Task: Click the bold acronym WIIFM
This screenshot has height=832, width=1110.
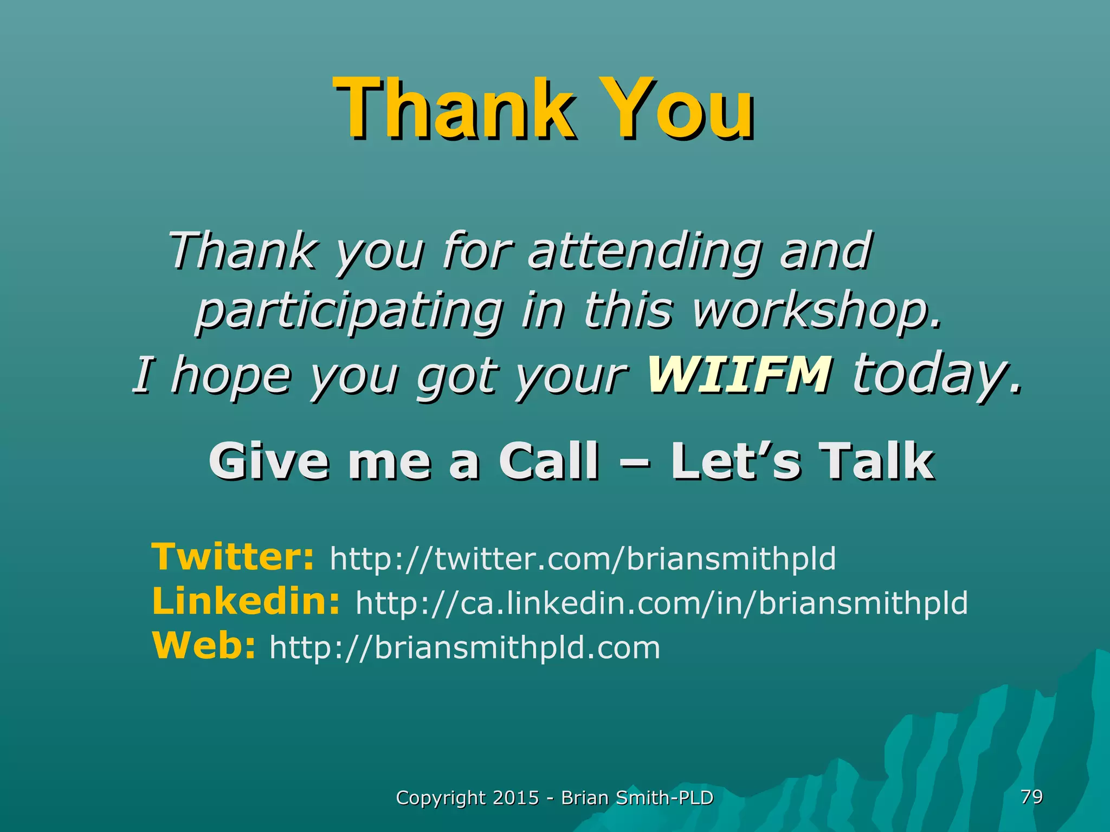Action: point(738,374)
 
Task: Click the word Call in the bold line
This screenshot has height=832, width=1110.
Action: point(548,461)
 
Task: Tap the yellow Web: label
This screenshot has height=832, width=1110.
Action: point(204,646)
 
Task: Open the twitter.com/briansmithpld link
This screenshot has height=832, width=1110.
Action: point(583,558)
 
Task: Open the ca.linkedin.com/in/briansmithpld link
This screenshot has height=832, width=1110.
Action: point(661,603)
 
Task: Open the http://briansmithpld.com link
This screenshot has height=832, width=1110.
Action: point(465,647)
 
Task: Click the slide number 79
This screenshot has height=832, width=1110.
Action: point(1031,797)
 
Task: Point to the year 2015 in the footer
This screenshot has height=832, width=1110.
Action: point(516,798)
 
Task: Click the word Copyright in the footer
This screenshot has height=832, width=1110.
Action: point(441,798)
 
